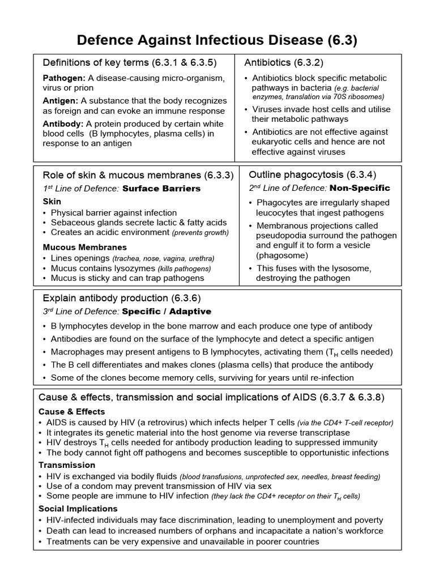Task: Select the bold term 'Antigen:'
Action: (61, 101)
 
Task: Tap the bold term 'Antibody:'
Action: (63, 123)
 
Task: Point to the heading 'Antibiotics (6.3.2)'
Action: (284, 62)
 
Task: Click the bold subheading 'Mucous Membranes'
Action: (84, 248)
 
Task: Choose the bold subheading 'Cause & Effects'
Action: (71, 412)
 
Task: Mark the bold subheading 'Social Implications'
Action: (78, 509)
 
